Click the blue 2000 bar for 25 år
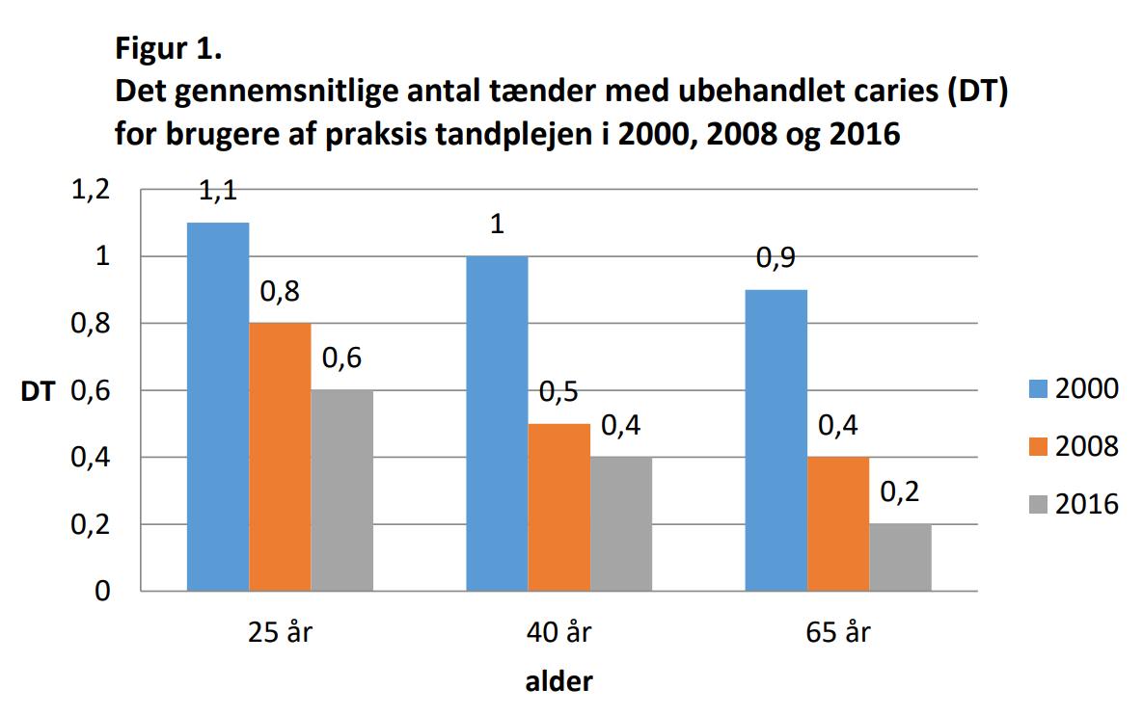(x=218, y=405)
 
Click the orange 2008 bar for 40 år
(x=558, y=506)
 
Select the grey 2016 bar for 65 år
(x=900, y=557)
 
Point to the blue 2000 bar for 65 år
(x=776, y=439)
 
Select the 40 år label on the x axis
(x=558, y=633)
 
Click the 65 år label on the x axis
(x=838, y=633)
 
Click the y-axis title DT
(x=39, y=391)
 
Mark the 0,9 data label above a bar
(x=776, y=259)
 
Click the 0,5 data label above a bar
(x=558, y=393)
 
